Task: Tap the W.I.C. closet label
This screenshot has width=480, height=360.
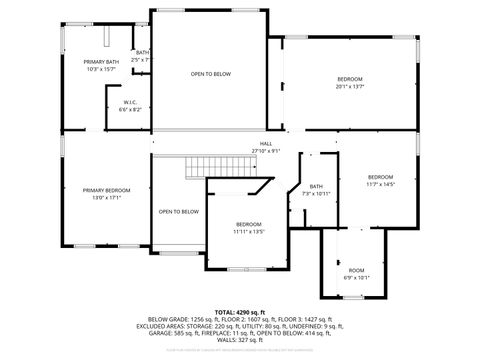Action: (x=130, y=102)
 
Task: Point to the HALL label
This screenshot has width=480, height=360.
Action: (x=266, y=144)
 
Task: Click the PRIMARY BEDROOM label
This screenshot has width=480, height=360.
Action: (x=105, y=190)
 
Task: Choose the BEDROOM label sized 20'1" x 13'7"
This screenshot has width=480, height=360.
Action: (x=349, y=79)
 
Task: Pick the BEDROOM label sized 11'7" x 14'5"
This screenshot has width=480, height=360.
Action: (x=381, y=177)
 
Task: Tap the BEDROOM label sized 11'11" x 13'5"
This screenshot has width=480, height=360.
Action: (x=248, y=224)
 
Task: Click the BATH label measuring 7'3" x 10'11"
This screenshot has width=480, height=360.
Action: (x=316, y=186)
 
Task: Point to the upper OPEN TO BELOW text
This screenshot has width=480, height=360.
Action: (x=211, y=74)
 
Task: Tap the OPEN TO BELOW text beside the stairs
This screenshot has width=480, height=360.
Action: (x=179, y=211)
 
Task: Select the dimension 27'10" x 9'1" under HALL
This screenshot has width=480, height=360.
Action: (x=266, y=151)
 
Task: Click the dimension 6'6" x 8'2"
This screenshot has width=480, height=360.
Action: (x=130, y=108)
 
